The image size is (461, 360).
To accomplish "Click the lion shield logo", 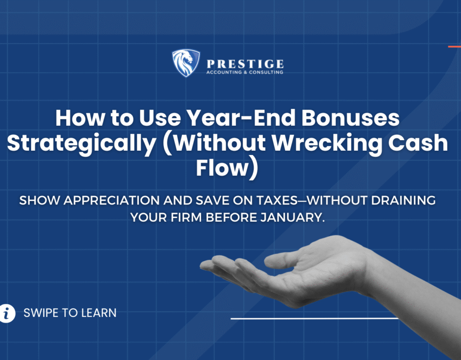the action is [186, 63].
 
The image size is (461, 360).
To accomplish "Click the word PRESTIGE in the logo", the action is [245, 64].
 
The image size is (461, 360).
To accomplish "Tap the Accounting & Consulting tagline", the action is [244, 72].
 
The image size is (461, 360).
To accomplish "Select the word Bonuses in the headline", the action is [351, 118].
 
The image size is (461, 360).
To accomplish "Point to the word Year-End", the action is [241, 118].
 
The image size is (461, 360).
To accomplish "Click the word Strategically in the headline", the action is [82, 144].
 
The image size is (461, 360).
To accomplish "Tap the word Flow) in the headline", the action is [227, 168].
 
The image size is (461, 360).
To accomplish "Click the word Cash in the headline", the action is [418, 143].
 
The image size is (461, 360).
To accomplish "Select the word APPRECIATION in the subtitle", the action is [111, 201].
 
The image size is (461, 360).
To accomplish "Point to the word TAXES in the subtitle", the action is [277, 201].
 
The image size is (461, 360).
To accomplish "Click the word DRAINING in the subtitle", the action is [403, 201].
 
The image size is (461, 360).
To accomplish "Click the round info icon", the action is [7, 313].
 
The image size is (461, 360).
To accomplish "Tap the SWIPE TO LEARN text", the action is [70, 313].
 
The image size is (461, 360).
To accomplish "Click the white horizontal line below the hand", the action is [315, 318].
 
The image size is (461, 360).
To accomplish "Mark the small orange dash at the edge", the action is [455, 47].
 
